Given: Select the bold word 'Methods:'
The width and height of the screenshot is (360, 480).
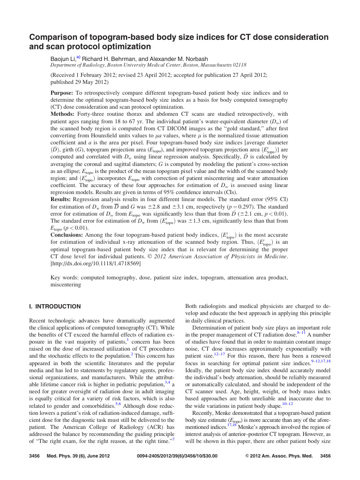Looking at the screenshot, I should coord(64,113).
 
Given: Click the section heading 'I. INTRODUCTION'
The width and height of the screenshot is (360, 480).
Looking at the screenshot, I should coord(55,307).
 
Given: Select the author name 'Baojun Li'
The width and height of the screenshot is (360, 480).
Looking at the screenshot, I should coord(64,59).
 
